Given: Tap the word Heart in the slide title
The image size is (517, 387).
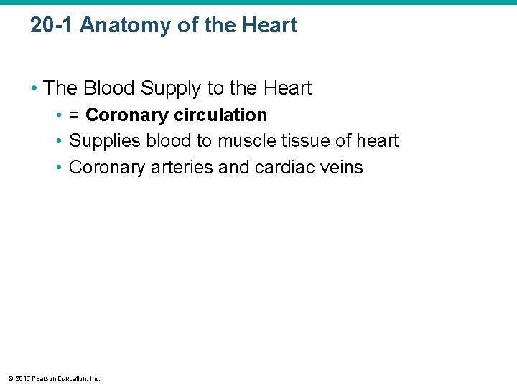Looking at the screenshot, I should click(x=269, y=26).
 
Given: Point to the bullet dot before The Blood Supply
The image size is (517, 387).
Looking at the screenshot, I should click(x=34, y=88).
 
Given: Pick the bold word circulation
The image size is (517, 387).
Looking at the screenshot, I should click(x=220, y=115).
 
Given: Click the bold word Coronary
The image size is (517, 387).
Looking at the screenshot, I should click(x=126, y=115).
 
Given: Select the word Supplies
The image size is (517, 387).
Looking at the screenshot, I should click(x=105, y=141).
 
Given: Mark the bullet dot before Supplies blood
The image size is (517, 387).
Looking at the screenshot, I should click(x=60, y=141).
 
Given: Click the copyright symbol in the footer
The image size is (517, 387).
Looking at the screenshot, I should click(x=9, y=378).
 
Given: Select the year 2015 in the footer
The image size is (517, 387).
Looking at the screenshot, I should click(x=21, y=378).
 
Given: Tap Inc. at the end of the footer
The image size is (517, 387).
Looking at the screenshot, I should click(x=95, y=378).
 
